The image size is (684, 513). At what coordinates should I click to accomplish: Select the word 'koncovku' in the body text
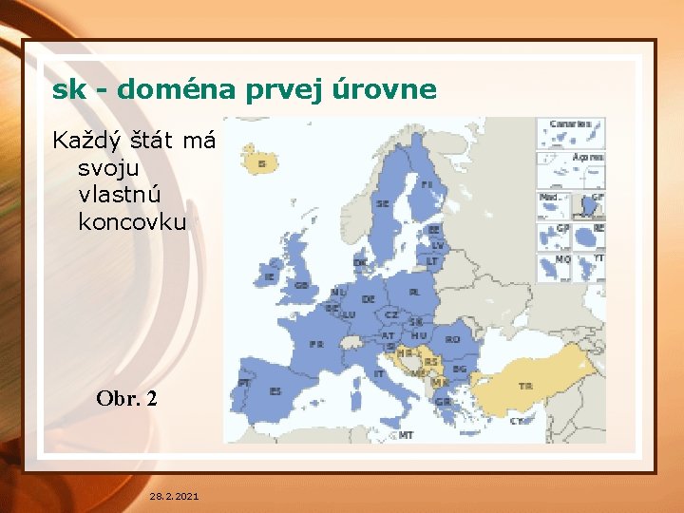tap(132, 221)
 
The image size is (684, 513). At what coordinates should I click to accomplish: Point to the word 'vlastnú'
tap(121, 195)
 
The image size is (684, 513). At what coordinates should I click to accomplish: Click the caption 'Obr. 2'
tap(126, 399)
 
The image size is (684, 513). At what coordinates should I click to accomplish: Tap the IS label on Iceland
tap(261, 164)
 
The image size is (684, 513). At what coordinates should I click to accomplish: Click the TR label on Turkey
tap(525, 386)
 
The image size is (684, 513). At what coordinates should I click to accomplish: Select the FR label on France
tap(315, 343)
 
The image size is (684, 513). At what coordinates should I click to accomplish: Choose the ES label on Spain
tap(275, 390)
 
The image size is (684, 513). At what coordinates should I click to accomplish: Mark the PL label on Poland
tap(414, 293)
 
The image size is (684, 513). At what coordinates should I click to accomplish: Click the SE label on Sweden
tap(382, 203)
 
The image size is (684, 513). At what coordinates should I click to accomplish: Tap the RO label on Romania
tap(452, 339)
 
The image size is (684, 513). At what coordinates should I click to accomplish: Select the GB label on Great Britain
tap(301, 285)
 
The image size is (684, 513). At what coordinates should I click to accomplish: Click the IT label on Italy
tap(379, 373)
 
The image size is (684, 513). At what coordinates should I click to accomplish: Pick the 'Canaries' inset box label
tap(570, 124)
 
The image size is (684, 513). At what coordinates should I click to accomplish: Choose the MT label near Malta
tap(406, 435)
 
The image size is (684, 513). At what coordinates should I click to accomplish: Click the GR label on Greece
tap(443, 402)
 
